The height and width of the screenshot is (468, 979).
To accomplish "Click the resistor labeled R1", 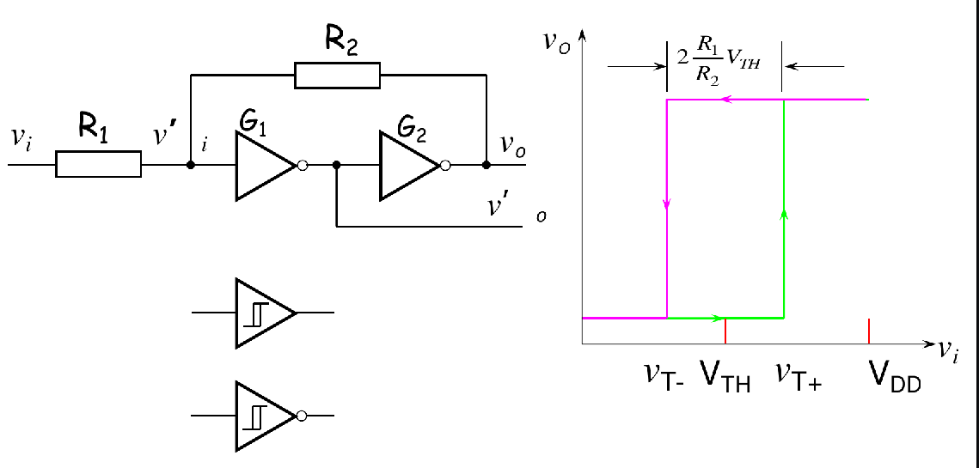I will [x=98, y=164].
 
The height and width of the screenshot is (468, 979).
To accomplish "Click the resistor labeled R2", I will [x=337, y=76].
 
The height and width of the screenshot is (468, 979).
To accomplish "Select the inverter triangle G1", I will [x=261, y=166].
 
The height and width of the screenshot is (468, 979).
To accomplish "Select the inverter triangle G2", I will [x=407, y=166].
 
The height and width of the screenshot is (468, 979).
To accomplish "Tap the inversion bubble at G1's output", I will [x=302, y=166].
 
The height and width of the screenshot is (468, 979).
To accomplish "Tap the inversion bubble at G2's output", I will [x=445, y=166].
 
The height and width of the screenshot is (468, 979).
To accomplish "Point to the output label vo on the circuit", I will [x=514, y=147].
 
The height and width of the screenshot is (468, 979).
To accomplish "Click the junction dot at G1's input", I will [x=191, y=164].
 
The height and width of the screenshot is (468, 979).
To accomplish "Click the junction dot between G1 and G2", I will [x=337, y=165].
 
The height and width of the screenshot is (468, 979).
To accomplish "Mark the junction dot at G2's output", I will [x=486, y=165].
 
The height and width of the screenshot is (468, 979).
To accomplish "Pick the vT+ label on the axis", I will [x=798, y=375].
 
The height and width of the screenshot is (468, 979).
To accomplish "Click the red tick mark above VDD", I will [x=869, y=330].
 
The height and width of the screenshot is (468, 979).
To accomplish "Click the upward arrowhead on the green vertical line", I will [x=783, y=213].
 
